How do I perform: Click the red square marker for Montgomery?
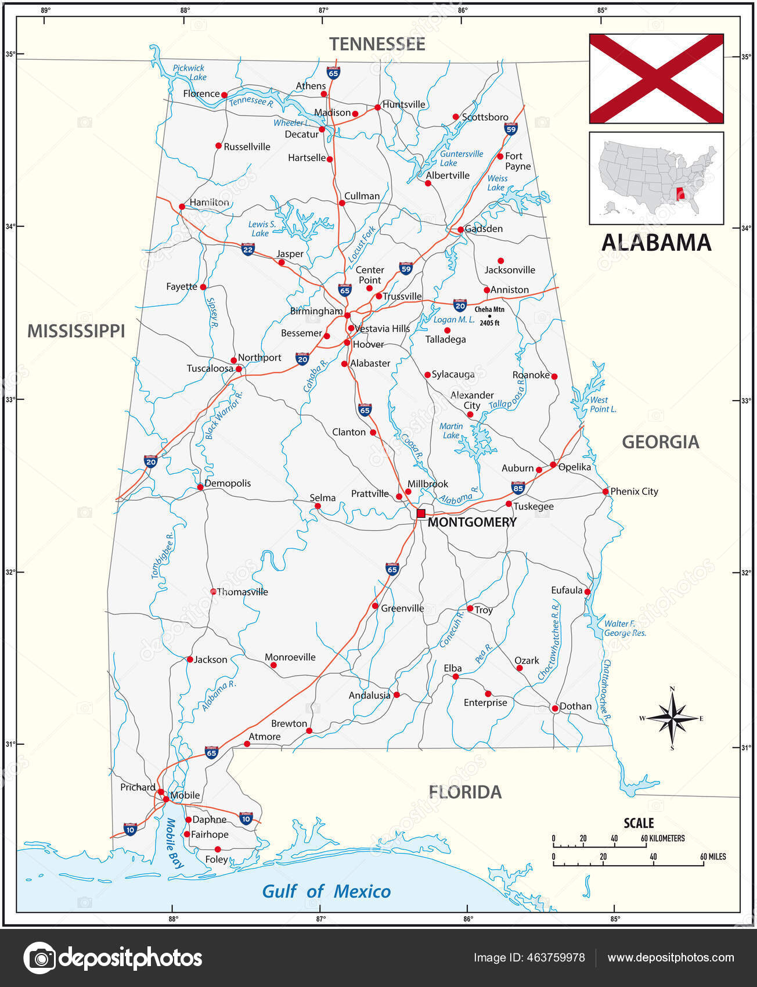tap(421, 513)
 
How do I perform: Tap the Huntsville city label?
tap(404, 105)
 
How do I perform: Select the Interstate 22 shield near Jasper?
tap(248, 250)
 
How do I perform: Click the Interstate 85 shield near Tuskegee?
tap(518, 487)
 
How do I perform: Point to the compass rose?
tap(672, 718)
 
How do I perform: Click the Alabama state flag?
tap(656, 78)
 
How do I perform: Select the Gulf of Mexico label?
tap(326, 891)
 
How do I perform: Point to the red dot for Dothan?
tap(554, 708)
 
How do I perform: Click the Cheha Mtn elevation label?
tap(489, 316)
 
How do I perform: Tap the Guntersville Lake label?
tap(461, 159)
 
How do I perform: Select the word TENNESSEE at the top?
tap(377, 44)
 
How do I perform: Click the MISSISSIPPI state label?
tap(76, 331)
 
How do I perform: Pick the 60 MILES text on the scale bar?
tap(713, 856)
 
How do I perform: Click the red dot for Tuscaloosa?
tap(239, 369)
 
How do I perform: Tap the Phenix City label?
tap(634, 491)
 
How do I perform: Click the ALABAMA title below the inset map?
tap(656, 243)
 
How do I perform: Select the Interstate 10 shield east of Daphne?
tap(246, 818)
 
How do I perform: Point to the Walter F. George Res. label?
tap(625, 628)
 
